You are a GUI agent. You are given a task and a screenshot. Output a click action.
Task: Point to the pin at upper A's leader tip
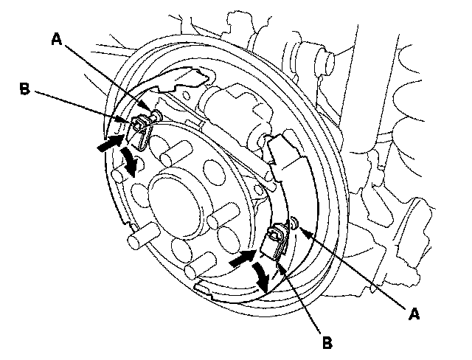[156, 114]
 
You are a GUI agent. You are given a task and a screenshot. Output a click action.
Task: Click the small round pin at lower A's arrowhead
[294, 222]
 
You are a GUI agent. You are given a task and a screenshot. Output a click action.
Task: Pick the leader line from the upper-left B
[81, 105]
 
